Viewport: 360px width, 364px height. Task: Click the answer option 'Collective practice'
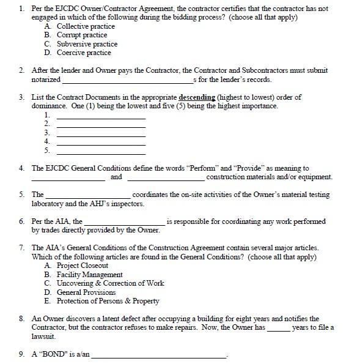[x=86, y=26]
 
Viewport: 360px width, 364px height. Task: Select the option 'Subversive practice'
[x=87, y=44]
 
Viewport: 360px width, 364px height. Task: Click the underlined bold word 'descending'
[x=197, y=97]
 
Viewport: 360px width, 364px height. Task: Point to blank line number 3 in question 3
[x=101, y=133]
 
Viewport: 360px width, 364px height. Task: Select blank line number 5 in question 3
[x=101, y=150]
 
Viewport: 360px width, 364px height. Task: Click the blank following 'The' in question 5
[x=87, y=196]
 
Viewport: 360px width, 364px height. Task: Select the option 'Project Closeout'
[x=82, y=266]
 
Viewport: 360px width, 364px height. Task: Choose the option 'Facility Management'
[x=89, y=275]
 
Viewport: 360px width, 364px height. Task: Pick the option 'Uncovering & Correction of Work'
[x=110, y=283]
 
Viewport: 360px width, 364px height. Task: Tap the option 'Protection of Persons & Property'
[x=108, y=301]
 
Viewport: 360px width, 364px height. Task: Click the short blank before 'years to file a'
[x=278, y=329]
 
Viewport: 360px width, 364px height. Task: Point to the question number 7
[x=21, y=248]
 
